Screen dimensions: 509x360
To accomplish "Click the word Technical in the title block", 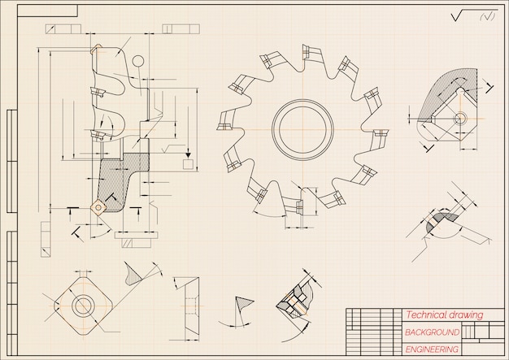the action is click(x=424, y=314).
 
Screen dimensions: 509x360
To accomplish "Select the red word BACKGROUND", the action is click(x=433, y=332).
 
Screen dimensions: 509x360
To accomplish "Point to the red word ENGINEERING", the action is click(x=432, y=349).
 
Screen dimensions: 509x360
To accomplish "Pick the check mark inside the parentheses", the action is click(x=487, y=16).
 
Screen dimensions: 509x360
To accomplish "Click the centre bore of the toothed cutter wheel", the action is click(x=302, y=130).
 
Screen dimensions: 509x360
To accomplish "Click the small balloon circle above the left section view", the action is click(x=138, y=61).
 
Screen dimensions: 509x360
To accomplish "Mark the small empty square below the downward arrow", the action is click(x=188, y=164).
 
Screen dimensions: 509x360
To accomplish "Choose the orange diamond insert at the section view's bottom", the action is click(x=98, y=206).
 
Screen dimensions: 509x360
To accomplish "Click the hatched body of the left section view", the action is click(x=121, y=180).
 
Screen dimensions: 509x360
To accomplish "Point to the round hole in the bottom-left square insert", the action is click(x=82, y=305).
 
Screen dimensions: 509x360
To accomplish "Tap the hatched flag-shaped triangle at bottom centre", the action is click(x=243, y=304).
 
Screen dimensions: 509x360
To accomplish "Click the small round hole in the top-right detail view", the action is click(x=459, y=118).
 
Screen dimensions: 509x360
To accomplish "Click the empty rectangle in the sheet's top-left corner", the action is click(x=47, y=11).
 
